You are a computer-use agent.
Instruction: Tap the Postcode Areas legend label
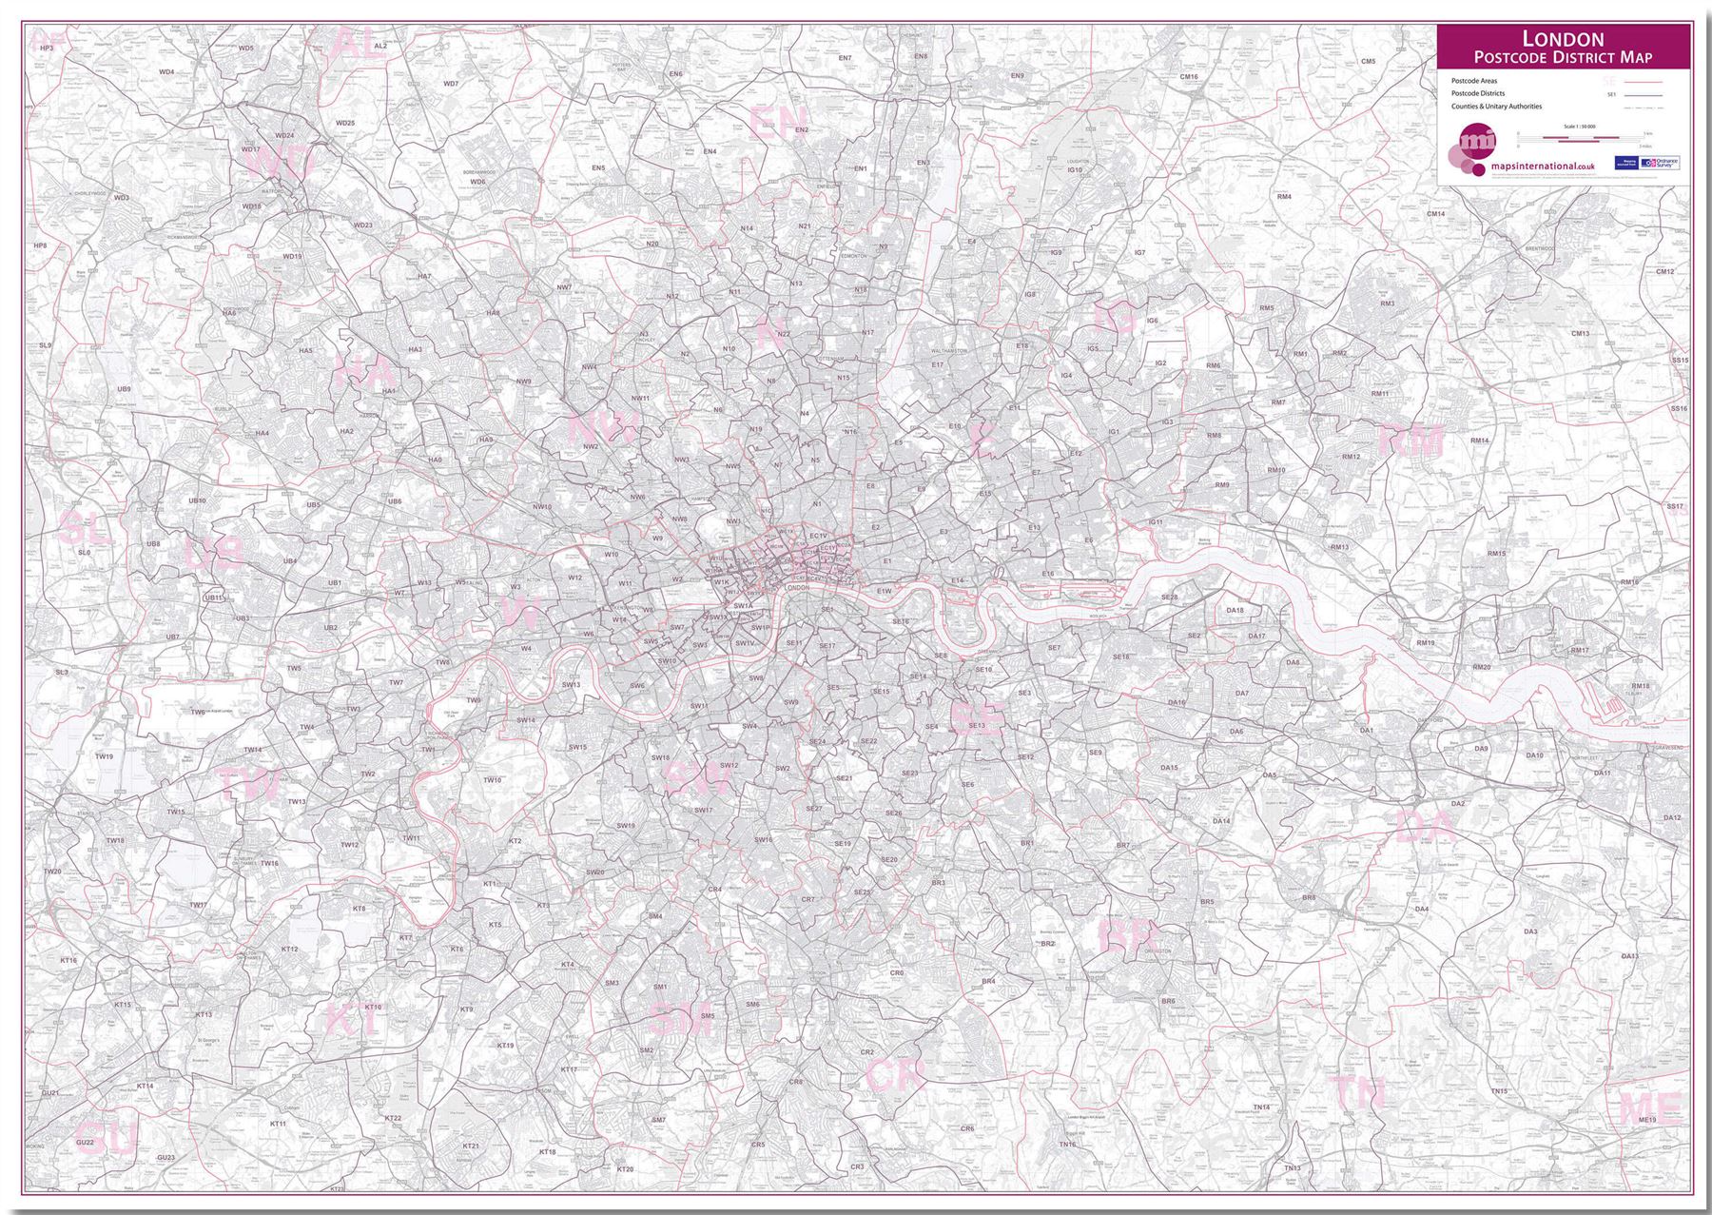1473,81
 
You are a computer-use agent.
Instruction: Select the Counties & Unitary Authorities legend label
1496,107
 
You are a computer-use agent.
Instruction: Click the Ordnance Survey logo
1660,164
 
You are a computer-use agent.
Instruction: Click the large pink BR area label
1124,934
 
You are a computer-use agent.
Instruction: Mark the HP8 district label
39,245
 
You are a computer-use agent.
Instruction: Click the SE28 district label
1170,598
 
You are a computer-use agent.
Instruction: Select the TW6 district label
198,712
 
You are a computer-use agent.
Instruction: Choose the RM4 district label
1284,197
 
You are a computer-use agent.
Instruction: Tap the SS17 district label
1675,506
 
